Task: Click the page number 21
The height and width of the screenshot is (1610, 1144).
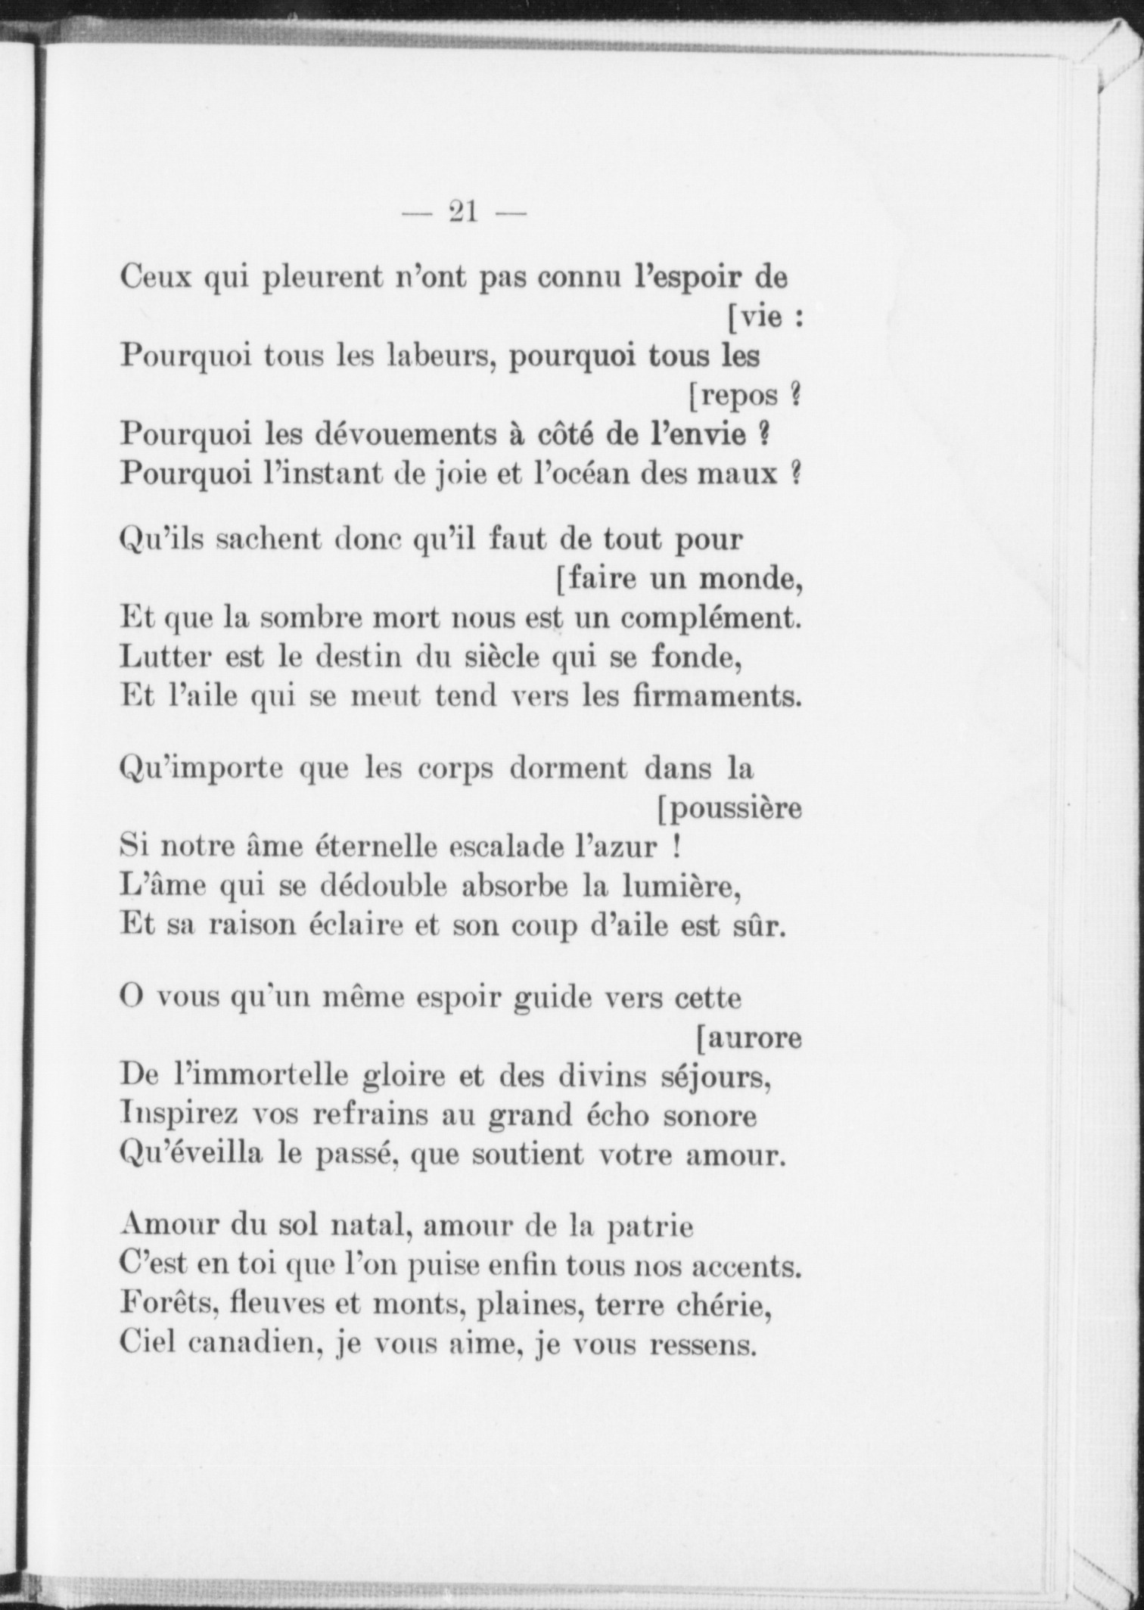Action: [x=463, y=212]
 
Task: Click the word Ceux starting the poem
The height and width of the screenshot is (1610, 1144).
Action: [x=154, y=278]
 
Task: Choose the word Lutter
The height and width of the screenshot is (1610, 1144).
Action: [x=165, y=657]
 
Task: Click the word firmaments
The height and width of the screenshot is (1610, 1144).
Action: [x=716, y=695]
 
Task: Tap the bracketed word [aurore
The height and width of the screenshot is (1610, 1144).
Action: [x=748, y=1038]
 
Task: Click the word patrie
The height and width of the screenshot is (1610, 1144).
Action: [x=651, y=1227]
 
